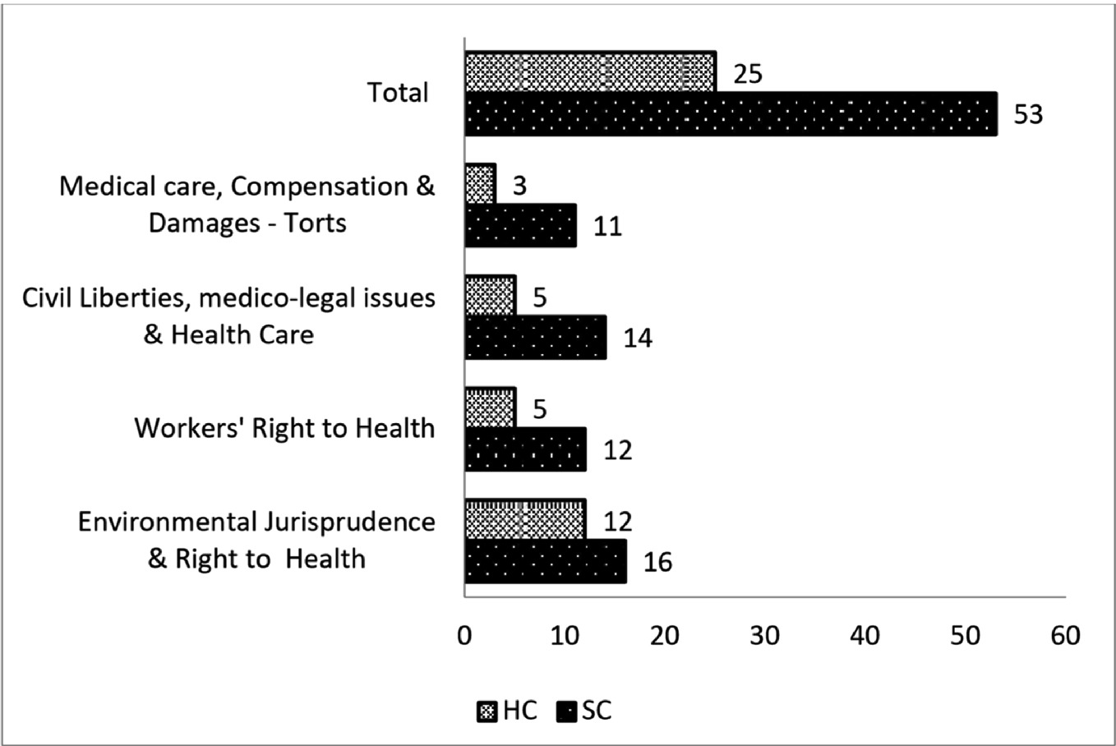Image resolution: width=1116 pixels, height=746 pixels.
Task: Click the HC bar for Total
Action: coord(590,71)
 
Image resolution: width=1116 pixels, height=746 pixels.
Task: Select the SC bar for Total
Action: coord(731,114)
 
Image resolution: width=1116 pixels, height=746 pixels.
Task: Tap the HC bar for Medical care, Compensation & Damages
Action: coord(480,184)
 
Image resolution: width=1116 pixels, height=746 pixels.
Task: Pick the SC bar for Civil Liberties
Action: coord(536,337)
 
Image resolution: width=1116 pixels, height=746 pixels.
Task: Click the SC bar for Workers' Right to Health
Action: coord(526,449)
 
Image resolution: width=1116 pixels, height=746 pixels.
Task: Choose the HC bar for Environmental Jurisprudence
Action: coord(526,519)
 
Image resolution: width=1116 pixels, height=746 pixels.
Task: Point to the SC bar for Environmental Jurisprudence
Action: coord(546,561)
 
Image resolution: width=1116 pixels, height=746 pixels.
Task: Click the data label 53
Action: coord(1028,114)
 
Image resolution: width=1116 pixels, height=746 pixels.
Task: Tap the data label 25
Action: coord(748,74)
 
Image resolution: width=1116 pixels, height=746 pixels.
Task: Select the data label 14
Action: coord(638,338)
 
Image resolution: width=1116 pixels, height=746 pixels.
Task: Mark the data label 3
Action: coord(519,186)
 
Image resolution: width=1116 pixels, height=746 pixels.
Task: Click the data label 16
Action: coord(657,562)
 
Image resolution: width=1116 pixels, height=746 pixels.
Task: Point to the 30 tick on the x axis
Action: coord(765,636)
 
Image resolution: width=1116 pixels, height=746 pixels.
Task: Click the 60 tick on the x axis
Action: coord(1066,636)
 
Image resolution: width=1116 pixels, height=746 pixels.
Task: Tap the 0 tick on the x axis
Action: coord(464,636)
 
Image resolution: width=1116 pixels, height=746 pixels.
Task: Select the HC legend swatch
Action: coord(487,711)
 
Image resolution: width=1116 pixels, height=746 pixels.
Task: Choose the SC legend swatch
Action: coord(566,711)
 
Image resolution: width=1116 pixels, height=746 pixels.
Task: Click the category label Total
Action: coord(398,93)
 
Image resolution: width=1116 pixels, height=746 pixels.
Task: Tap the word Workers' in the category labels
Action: coord(189,428)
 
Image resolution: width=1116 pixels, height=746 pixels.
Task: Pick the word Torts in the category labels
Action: coord(315,223)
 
